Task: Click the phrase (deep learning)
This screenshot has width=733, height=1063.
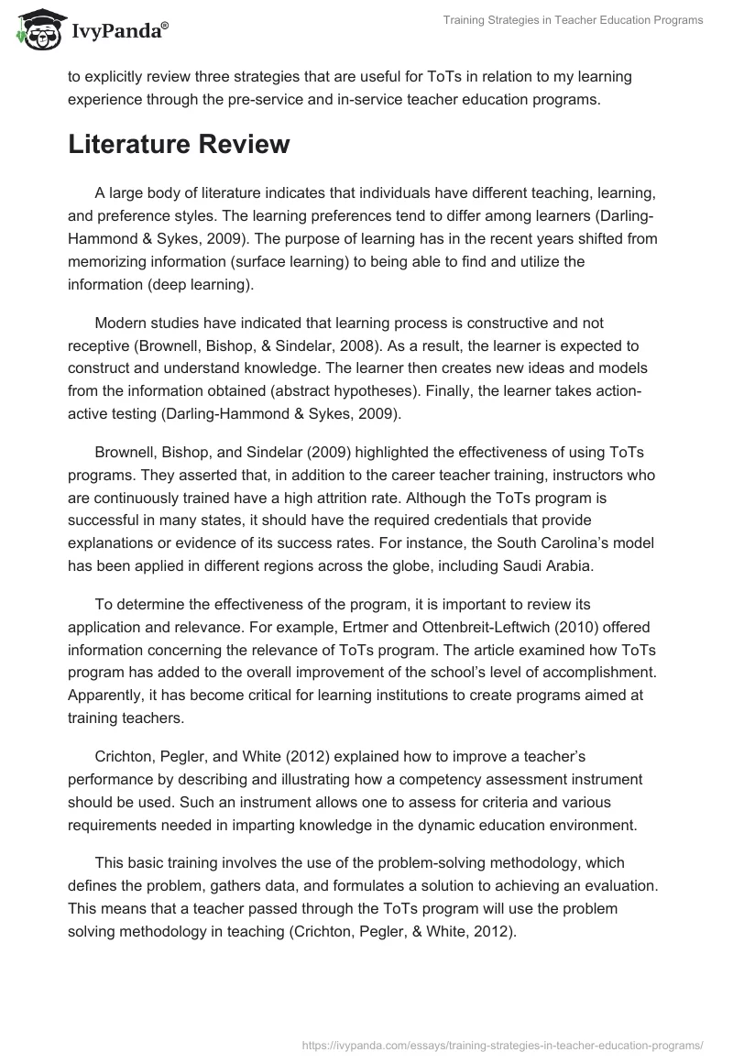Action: [x=203, y=282]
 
